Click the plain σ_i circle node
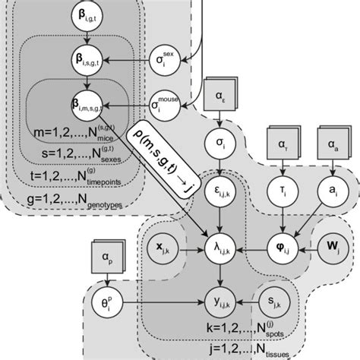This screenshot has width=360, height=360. tap(220, 141)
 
